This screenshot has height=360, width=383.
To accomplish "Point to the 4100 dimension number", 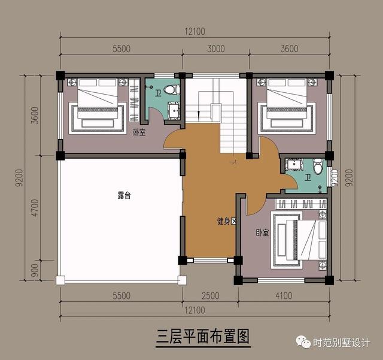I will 284,295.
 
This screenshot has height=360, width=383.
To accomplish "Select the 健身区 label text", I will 227,221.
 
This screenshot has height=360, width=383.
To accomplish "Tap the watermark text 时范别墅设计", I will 342,343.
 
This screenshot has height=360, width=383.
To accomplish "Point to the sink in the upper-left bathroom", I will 174,111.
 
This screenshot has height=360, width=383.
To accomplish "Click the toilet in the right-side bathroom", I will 318,166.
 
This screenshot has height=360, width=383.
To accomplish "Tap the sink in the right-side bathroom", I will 294,164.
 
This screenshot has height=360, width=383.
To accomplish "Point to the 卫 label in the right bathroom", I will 308,178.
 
